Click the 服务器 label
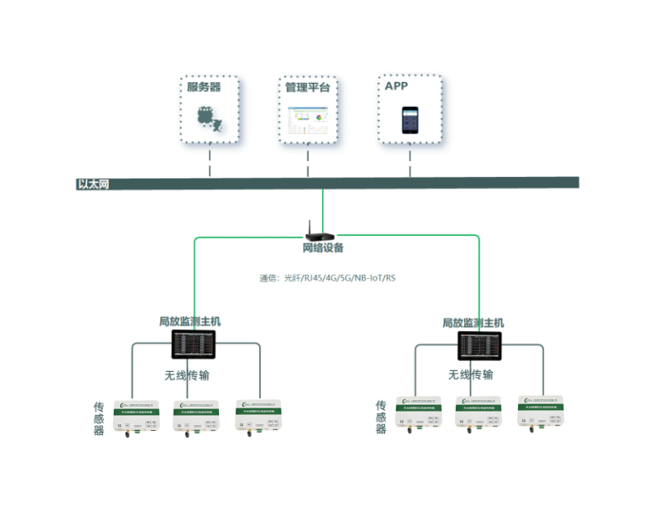pyautogui.click(x=203, y=86)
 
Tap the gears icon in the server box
pyautogui.click(x=208, y=119)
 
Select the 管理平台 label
pyautogui.click(x=307, y=86)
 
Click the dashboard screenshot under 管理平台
pyautogui.click(x=308, y=120)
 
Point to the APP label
pyautogui.click(x=397, y=85)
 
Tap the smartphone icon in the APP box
pyautogui.click(x=409, y=120)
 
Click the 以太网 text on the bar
pyautogui.click(x=93, y=183)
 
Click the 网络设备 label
pyautogui.click(x=322, y=248)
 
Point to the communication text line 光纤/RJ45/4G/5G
pyautogui.click(x=327, y=278)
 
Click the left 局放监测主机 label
pyautogui.click(x=190, y=320)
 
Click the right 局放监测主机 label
pyautogui.click(x=472, y=323)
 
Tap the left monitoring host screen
pyautogui.click(x=193, y=343)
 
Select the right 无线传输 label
pyautogui.click(x=471, y=374)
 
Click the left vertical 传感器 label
pyautogui.click(x=99, y=418)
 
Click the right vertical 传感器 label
pyautogui.click(x=381, y=417)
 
